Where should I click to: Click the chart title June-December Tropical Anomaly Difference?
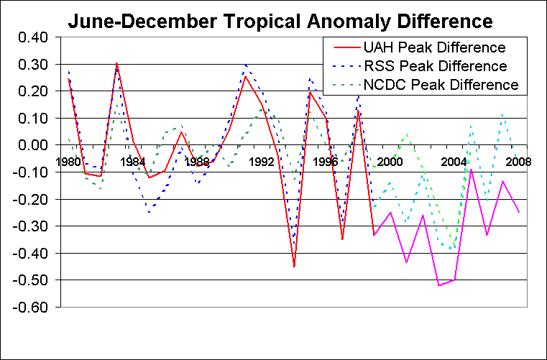(x=280, y=21)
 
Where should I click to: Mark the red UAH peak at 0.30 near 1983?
(x=117, y=64)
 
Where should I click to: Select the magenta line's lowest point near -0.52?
(x=439, y=285)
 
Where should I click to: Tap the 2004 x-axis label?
(x=453, y=161)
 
